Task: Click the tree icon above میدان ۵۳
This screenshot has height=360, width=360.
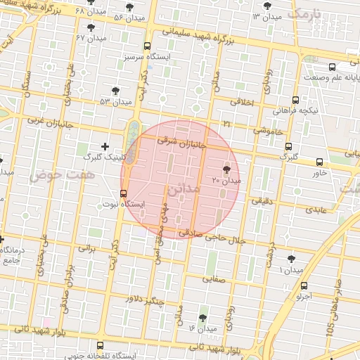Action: (115, 91)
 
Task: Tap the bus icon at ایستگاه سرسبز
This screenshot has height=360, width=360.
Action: (146, 46)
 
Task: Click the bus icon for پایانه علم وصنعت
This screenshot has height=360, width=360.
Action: (311, 63)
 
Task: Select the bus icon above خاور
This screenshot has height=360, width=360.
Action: (320, 162)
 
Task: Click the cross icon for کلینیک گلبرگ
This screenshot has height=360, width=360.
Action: (105, 146)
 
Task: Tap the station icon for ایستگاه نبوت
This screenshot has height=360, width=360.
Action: (124, 193)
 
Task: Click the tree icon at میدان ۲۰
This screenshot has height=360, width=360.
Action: (226, 169)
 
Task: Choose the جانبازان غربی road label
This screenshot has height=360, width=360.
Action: (45, 120)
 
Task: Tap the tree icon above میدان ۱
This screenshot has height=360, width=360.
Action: (291, 259)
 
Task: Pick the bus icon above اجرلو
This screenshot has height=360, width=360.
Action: (304, 286)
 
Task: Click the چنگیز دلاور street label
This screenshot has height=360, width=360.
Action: (144, 300)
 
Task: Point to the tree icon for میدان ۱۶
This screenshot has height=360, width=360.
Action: (202, 318)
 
